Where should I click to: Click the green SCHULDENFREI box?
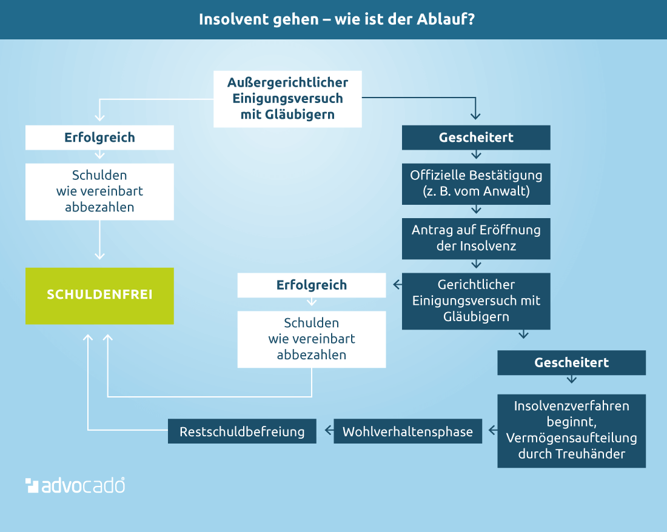click(99, 296)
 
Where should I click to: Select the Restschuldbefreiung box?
click(242, 431)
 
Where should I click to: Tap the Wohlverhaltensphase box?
click(407, 431)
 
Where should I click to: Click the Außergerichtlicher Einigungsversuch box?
click(287, 99)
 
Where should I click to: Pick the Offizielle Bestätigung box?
click(476, 184)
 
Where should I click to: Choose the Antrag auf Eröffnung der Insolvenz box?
click(476, 238)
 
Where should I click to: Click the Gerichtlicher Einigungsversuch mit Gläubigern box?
click(476, 301)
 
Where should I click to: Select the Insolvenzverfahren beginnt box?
click(571, 431)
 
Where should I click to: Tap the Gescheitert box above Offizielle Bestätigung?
click(476, 138)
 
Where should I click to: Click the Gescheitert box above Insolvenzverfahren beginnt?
click(571, 362)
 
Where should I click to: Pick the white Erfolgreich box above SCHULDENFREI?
click(99, 138)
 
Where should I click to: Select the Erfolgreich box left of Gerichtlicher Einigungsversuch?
click(312, 285)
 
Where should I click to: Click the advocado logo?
click(75, 485)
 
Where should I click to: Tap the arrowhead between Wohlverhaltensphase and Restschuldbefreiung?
click(328, 430)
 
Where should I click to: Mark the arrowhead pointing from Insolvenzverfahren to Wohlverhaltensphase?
click(492, 430)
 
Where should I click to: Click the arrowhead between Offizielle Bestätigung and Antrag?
click(476, 210)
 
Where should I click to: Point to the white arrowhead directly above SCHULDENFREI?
click(99, 256)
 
